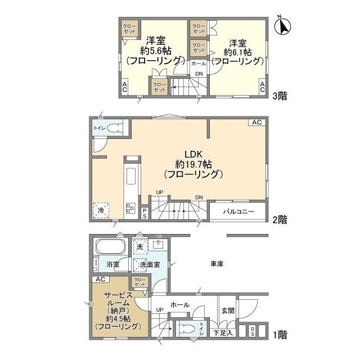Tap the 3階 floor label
(x=280, y=96)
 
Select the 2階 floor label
(x=280, y=218)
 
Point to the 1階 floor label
(x=280, y=336)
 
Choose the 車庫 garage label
(x=218, y=263)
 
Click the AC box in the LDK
(x=256, y=122)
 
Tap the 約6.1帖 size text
(x=238, y=51)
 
